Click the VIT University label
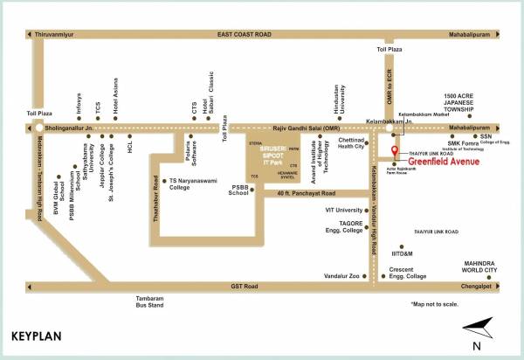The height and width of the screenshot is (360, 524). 343,210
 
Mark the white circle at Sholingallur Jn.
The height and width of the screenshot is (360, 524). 39,127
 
